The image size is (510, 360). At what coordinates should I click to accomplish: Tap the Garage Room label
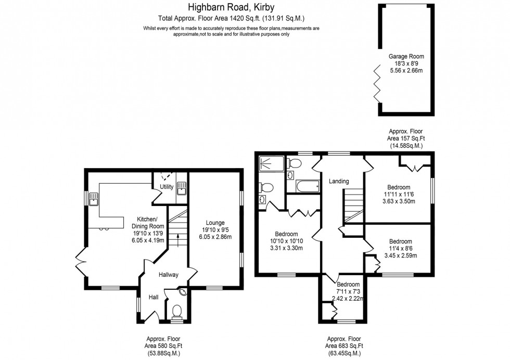click(406, 56)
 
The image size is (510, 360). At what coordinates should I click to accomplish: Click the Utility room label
click(167, 186)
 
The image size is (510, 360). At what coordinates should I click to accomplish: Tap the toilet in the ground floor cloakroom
click(177, 311)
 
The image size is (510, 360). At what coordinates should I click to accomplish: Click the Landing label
click(338, 181)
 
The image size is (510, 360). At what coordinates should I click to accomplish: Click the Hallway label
click(169, 275)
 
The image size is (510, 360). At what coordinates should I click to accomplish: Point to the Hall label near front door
click(154, 298)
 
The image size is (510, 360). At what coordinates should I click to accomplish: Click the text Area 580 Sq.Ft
click(163, 345)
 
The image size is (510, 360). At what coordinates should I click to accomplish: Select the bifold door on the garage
click(376, 83)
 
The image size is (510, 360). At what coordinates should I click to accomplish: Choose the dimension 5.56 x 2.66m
click(406, 70)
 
